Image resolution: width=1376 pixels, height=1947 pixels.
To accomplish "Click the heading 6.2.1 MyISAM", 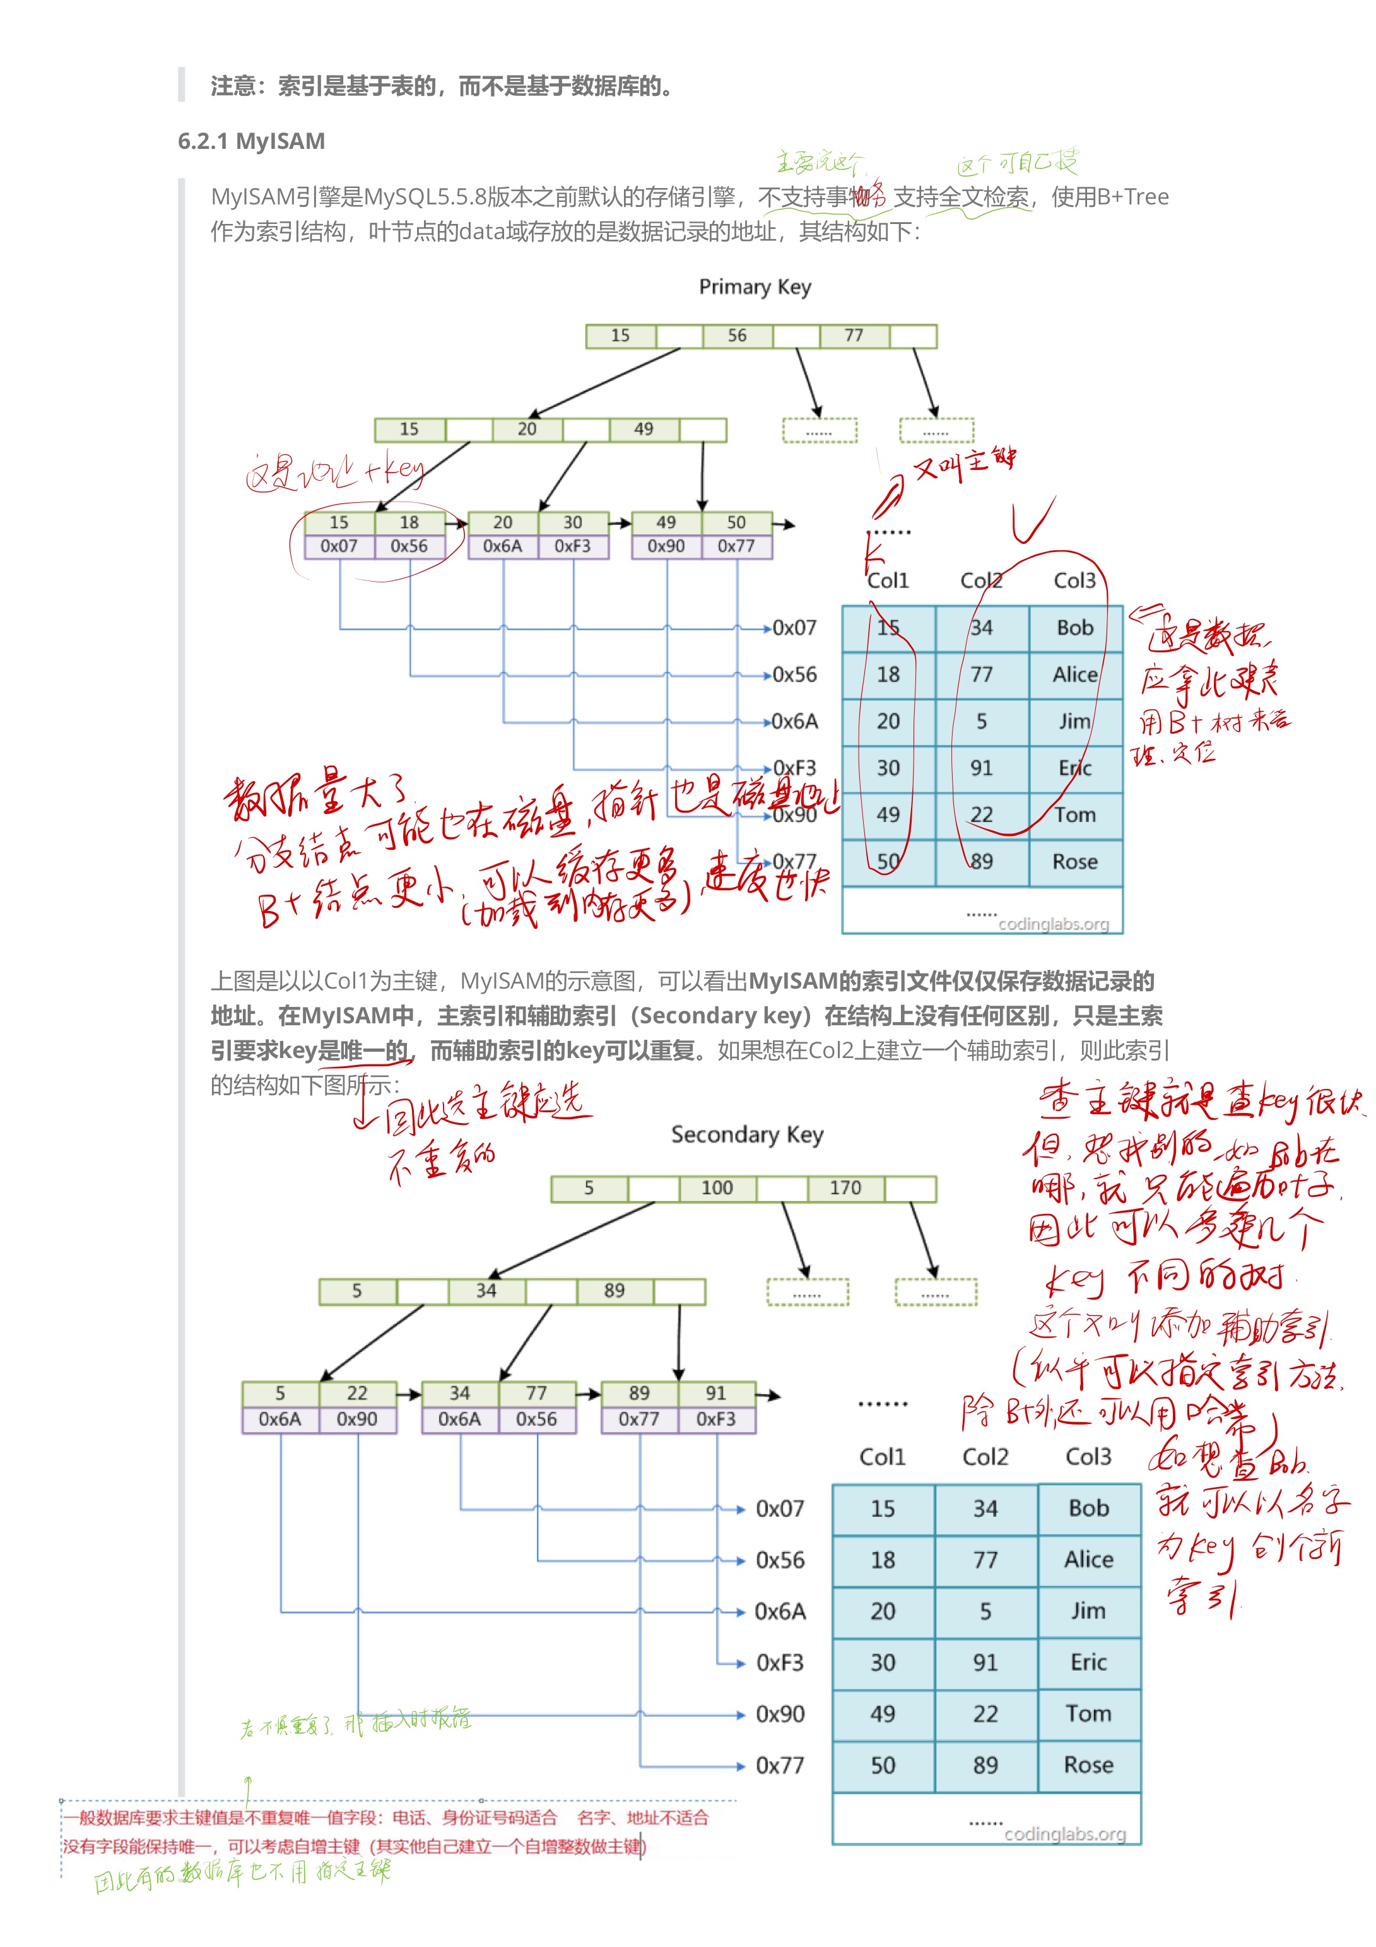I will pyautogui.click(x=251, y=141).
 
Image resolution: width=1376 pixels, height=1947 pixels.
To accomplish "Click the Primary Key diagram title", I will pyautogui.click(x=755, y=286).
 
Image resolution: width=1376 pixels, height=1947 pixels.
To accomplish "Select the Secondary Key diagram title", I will pyautogui.click(x=747, y=1134).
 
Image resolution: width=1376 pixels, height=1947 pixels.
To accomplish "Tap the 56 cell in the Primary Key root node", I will pyautogui.click(x=737, y=336).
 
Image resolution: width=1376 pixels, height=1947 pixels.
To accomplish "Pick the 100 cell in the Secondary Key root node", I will pyautogui.click(x=717, y=1188).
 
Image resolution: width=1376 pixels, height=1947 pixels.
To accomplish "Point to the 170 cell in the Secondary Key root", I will pyautogui.click(x=845, y=1188).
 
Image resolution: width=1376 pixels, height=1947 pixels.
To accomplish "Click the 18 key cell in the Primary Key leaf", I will pyautogui.click(x=409, y=522).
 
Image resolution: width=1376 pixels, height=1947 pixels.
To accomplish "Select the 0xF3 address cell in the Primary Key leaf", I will pyautogui.click(x=572, y=546).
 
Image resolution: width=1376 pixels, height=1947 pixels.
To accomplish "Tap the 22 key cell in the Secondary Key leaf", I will pyautogui.click(x=357, y=1393).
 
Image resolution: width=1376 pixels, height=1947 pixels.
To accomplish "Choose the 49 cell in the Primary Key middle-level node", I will pyautogui.click(x=644, y=429).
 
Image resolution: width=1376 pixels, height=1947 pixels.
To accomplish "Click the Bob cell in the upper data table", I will pyautogui.click(x=1075, y=628).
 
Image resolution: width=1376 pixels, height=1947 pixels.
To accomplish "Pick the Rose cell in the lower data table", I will pyautogui.click(x=1088, y=1765).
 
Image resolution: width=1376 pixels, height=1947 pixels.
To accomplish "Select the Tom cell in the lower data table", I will pyautogui.click(x=1088, y=1713).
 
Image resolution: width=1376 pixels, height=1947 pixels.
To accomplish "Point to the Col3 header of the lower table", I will pyautogui.click(x=1088, y=1457).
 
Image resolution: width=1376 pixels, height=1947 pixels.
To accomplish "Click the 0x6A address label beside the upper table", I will pyautogui.click(x=794, y=722).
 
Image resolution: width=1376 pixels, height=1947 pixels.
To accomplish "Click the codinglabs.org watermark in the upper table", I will pyautogui.click(x=1054, y=924).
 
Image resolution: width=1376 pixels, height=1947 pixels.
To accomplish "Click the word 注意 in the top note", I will pyautogui.click(x=233, y=86).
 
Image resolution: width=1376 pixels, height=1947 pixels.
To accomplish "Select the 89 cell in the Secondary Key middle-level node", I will pyautogui.click(x=614, y=1291).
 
